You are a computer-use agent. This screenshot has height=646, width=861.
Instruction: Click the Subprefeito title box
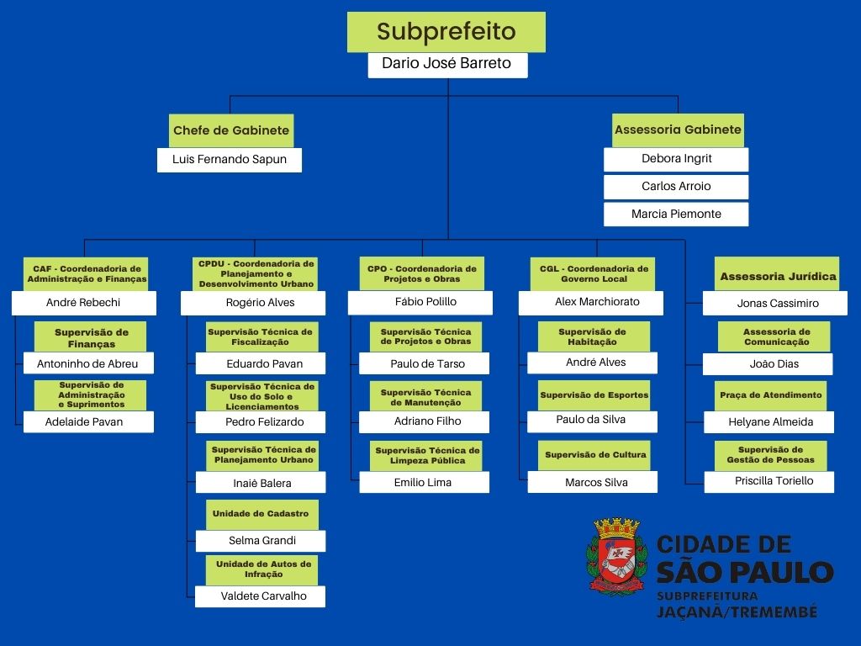point(446,32)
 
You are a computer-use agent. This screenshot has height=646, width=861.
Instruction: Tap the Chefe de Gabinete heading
point(231,130)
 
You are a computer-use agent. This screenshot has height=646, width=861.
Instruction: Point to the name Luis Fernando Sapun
point(230,160)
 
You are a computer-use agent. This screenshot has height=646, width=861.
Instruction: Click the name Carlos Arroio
point(676,187)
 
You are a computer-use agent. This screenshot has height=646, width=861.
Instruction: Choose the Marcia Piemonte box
point(676,214)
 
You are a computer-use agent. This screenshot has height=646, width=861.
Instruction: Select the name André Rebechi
point(84,303)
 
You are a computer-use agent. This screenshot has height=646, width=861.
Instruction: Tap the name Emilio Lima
point(424,482)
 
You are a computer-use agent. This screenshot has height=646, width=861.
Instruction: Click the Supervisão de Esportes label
point(594,395)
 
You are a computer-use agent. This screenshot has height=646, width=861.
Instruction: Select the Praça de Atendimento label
point(770,396)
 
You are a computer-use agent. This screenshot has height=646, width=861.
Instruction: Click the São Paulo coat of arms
point(616,556)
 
